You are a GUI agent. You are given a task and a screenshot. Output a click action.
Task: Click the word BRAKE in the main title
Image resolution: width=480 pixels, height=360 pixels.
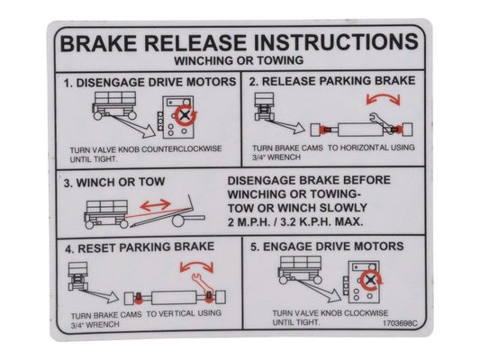tap(98, 43)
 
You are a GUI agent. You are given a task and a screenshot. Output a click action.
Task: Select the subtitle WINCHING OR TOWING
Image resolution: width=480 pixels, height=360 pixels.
tap(239, 60)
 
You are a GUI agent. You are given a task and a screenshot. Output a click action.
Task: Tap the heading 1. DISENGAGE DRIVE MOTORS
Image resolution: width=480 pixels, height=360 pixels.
tap(150, 82)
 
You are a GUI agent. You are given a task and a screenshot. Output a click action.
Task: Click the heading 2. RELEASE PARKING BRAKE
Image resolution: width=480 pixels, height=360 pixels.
tap(332, 81)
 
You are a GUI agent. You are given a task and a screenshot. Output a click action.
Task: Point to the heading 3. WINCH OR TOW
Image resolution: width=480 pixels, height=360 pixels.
tap(114, 183)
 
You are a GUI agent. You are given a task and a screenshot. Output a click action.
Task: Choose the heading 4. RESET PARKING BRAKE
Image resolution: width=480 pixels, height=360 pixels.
tap(140, 247)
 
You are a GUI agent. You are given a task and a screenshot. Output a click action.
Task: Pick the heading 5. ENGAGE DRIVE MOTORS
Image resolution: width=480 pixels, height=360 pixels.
tap(327, 247)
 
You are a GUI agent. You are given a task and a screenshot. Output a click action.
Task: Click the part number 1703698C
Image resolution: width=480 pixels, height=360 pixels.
tap(400, 323)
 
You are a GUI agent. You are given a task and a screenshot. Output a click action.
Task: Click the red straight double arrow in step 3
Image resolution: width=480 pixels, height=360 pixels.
tap(155, 205)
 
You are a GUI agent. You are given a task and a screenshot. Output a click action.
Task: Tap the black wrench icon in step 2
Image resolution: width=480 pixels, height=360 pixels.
tap(382, 121)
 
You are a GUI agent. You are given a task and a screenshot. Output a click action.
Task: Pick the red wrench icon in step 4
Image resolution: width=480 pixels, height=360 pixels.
tap(202, 283)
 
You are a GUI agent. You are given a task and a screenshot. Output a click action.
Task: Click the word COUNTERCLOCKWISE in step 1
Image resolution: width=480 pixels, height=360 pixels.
tap(182, 149)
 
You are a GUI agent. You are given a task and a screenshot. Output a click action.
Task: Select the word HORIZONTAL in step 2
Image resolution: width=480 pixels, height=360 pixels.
tap(363, 148)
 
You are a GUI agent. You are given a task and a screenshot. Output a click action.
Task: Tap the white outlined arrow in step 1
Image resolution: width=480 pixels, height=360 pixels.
tap(132, 125)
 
